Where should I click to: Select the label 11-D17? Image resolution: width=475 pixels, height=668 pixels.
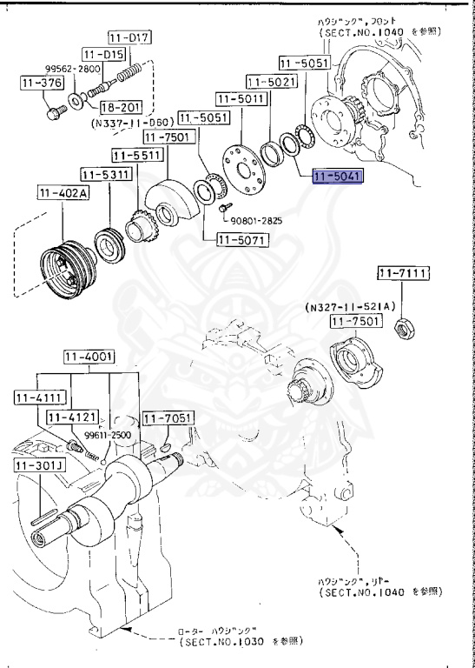129,37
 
